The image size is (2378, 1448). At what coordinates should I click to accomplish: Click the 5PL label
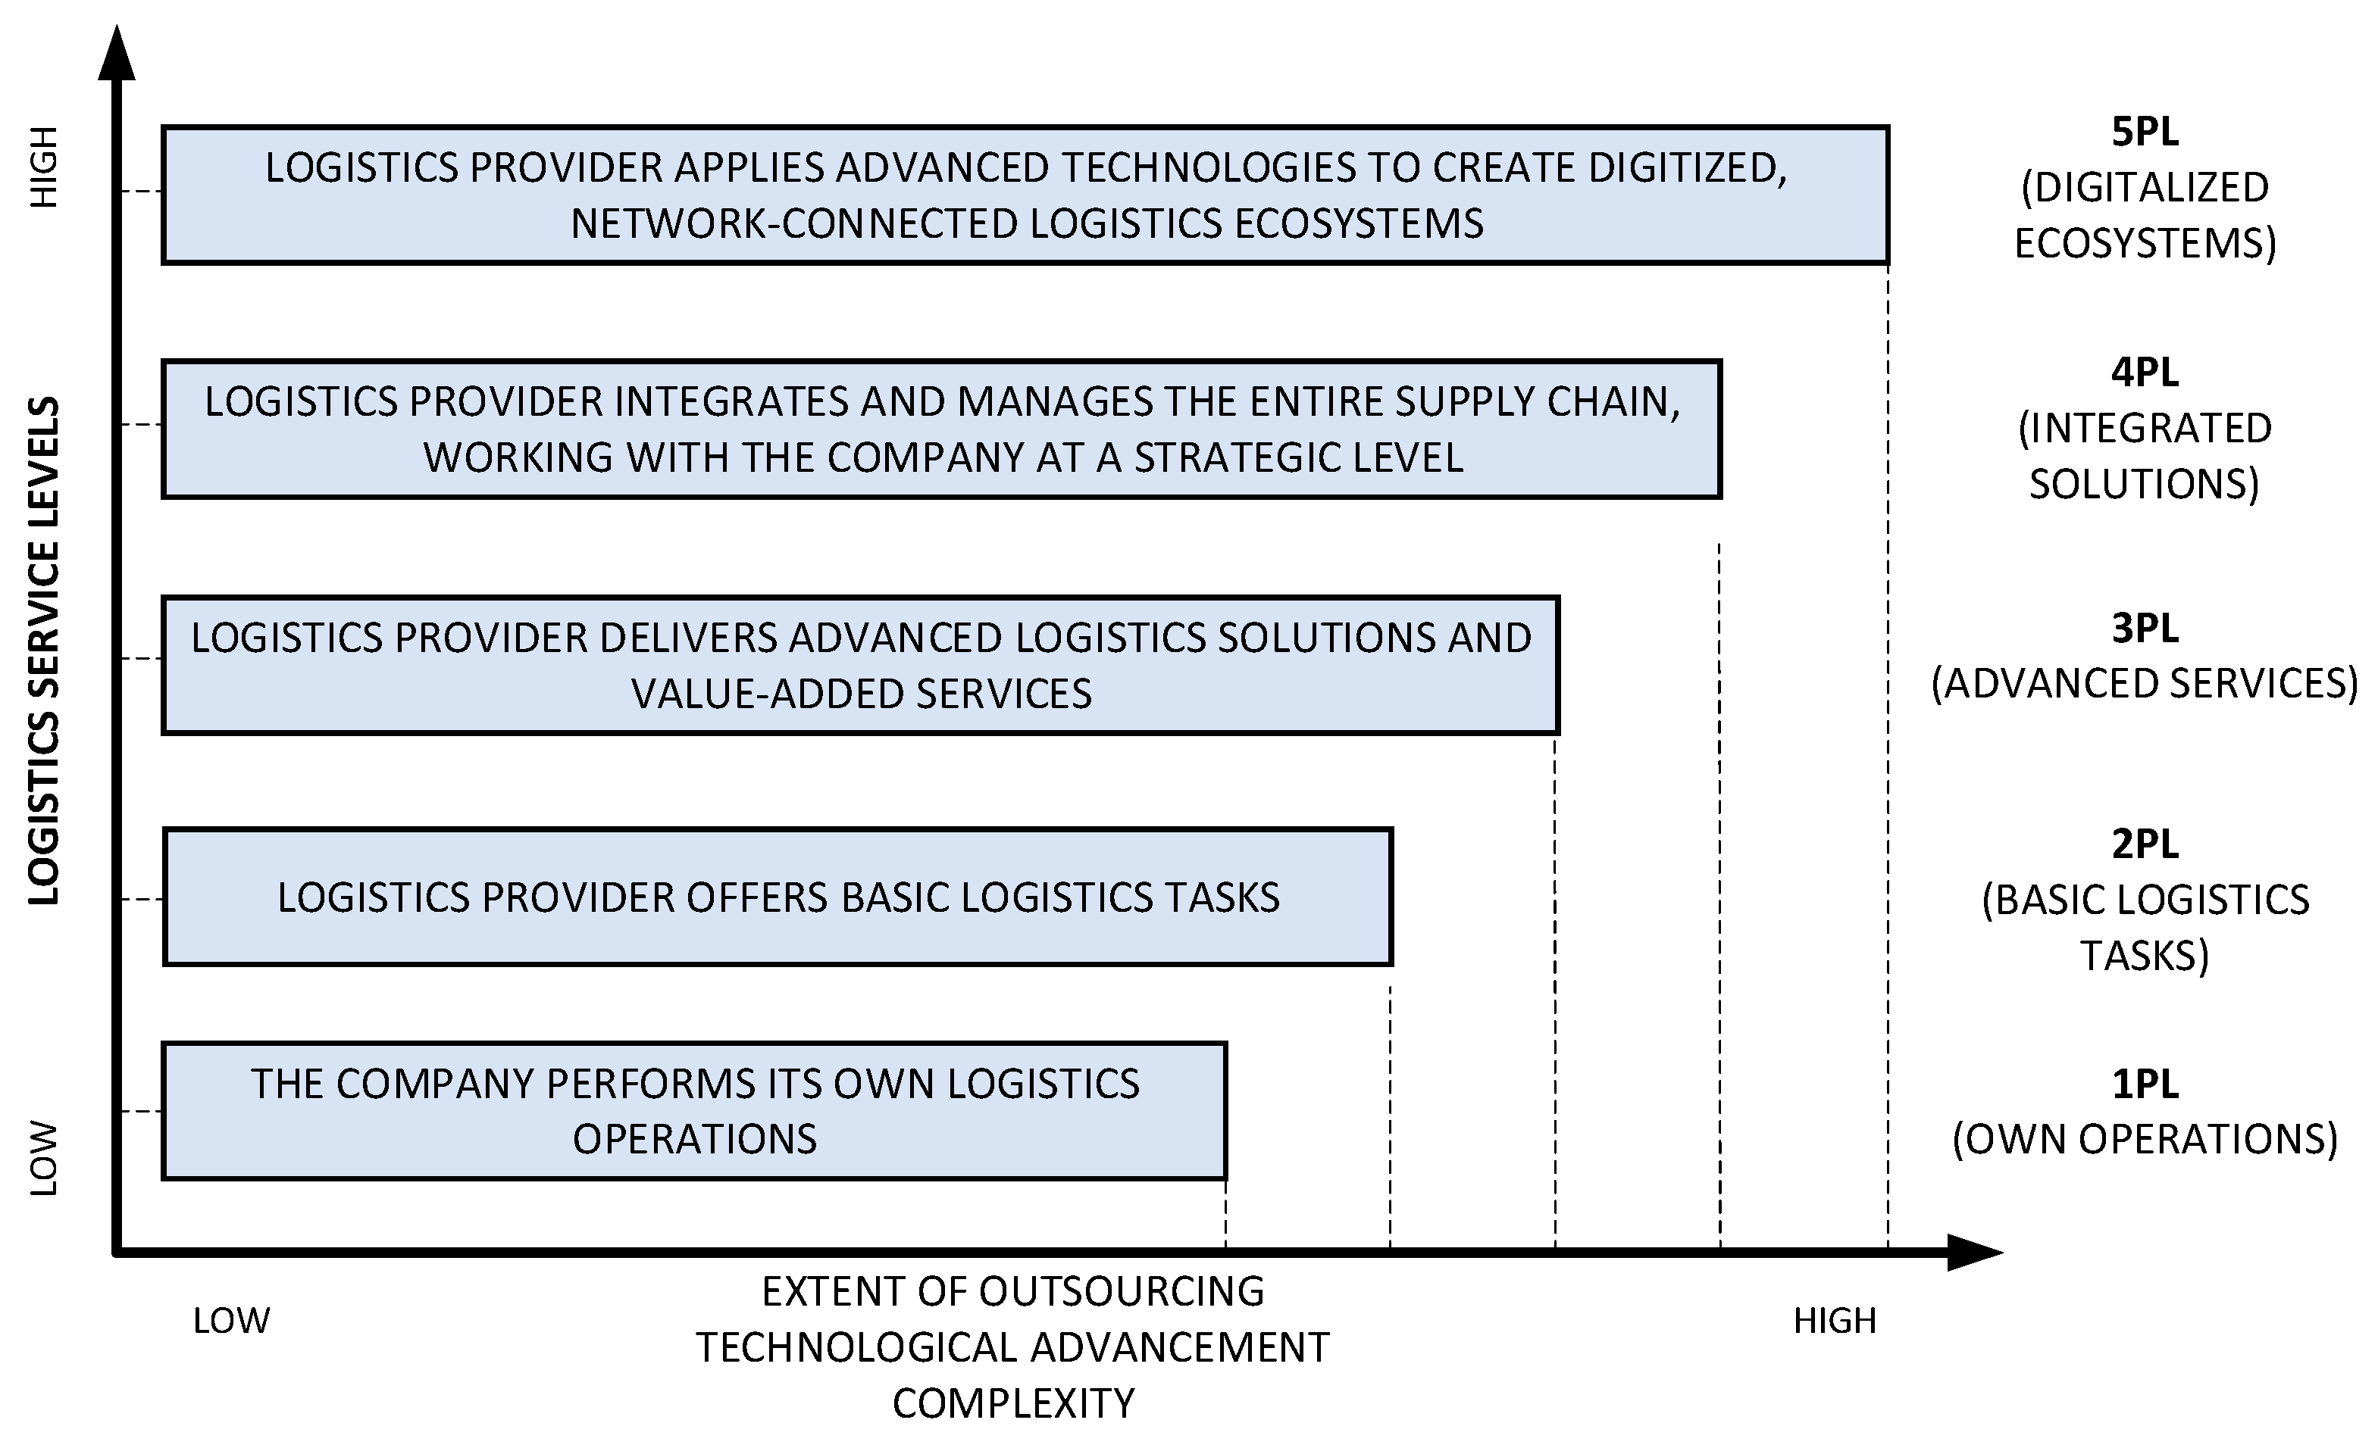2145,133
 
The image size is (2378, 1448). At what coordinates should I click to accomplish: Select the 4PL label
2145,373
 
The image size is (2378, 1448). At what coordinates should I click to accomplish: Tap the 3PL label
2145,628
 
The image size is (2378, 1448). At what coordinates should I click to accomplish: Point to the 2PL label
2145,844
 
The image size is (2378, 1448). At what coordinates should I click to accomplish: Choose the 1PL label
2145,1084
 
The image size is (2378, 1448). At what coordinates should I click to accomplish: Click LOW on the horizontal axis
232,1321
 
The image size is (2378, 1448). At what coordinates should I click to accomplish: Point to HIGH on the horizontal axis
1835,1321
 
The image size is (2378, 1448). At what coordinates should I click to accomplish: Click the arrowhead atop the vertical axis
117,53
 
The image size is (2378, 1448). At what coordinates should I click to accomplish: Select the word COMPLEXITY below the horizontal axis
1013,1403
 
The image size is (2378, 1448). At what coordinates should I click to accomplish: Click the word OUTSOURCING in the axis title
1122,1292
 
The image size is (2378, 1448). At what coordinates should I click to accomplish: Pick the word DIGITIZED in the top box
1687,168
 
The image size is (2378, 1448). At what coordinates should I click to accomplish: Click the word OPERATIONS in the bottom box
695,1139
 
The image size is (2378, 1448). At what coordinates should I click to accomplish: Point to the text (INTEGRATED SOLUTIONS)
2145,455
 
